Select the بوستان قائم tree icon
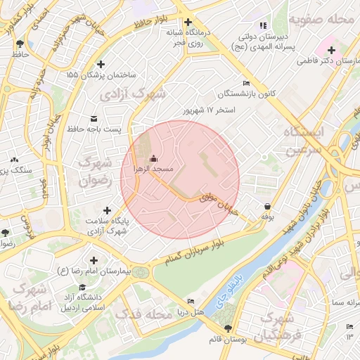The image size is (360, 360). tap(226, 328)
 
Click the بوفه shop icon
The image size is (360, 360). tap(267, 206)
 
